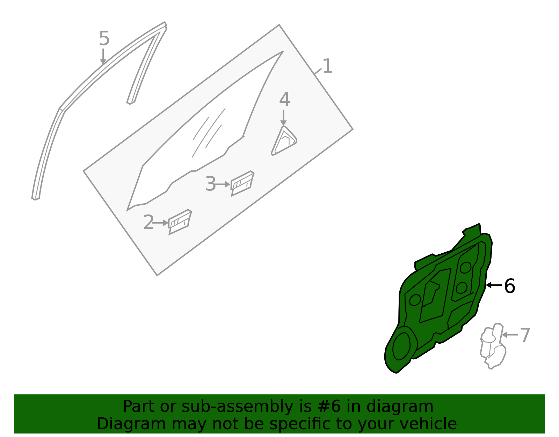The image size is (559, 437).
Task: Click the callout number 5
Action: click(104, 38)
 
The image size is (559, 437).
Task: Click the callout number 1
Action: click(327, 66)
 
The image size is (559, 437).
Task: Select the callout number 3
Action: click(210, 184)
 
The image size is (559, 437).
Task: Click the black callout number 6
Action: click(509, 286)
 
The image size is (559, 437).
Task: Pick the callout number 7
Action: click(525, 335)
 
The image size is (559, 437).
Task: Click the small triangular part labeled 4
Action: click(284, 141)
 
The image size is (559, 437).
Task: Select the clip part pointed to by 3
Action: click(242, 183)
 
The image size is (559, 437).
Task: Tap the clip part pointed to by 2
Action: click(180, 222)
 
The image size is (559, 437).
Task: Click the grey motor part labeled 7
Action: click(493, 346)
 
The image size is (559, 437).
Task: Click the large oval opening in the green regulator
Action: click(401, 346)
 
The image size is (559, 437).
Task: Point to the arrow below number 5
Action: click(103, 56)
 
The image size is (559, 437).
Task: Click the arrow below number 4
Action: click(283, 118)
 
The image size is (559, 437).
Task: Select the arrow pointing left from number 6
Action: click(494, 285)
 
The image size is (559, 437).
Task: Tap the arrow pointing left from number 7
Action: click(510, 335)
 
